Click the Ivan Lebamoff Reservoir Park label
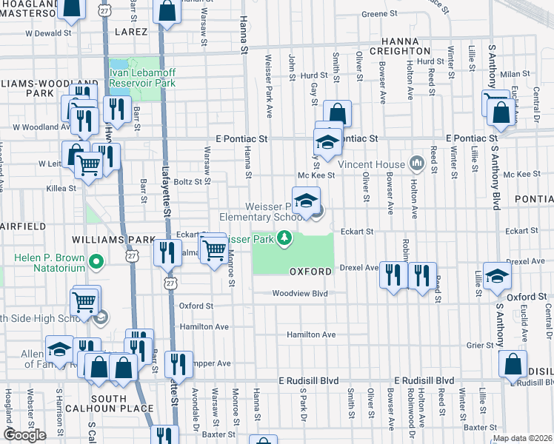142,77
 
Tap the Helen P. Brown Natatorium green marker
96,261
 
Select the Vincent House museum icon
416,163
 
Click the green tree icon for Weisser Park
283,238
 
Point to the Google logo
24,435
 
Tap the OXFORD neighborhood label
310,272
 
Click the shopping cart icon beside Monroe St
214,250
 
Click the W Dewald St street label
48,33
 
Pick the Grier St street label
480,345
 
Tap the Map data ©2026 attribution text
522,438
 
